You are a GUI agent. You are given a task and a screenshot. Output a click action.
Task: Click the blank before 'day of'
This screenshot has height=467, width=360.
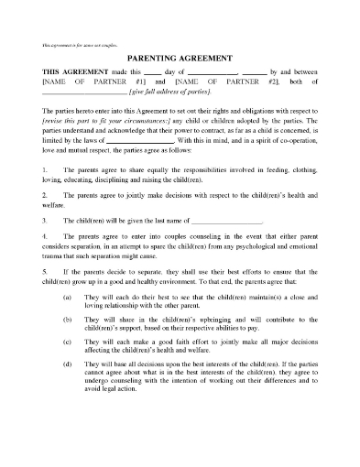point(157,72)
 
